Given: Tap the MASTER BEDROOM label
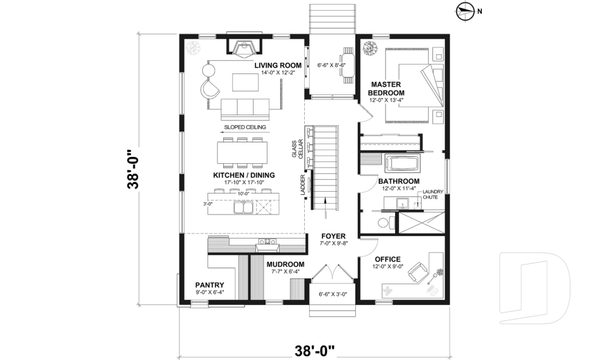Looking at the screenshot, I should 387,89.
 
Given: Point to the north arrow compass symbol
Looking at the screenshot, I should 465,9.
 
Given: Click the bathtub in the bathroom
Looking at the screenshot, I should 404,163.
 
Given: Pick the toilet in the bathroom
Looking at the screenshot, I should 384,222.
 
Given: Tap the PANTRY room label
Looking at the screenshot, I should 209,285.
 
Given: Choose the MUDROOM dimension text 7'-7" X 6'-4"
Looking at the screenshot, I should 285,272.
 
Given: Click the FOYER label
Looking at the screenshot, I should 333,236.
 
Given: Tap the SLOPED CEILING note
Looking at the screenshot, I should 245,127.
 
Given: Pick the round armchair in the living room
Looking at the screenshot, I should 209,89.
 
